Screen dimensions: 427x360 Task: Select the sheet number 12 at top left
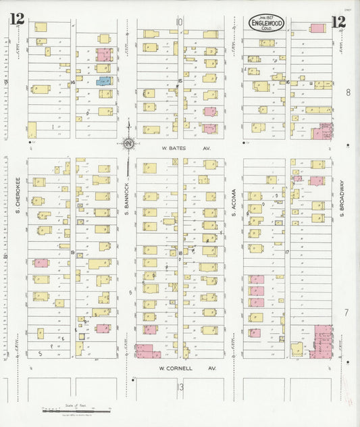point(17,20)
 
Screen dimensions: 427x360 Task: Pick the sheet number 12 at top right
point(338,22)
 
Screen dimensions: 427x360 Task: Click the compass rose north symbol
point(128,143)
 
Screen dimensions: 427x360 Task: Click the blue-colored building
point(103,81)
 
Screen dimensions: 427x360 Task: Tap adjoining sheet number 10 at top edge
point(179,22)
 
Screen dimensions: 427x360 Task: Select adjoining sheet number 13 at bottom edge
point(180,386)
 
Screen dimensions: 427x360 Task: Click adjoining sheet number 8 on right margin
point(348,92)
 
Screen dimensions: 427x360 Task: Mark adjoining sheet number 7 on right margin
point(346,313)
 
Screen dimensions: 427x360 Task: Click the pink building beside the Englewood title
point(317,28)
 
